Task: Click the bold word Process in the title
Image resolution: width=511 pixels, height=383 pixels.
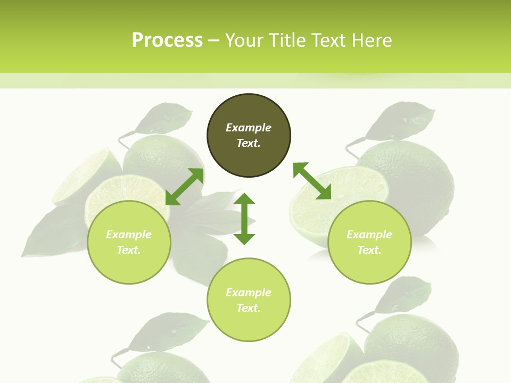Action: pyautogui.click(x=167, y=40)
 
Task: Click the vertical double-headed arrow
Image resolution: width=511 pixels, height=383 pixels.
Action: pyautogui.click(x=244, y=219)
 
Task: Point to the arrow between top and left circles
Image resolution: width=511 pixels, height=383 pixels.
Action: pyautogui.click(x=185, y=187)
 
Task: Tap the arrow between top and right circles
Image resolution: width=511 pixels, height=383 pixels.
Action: pyautogui.click(x=312, y=181)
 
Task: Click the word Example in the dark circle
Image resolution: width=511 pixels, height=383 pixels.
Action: pyautogui.click(x=249, y=128)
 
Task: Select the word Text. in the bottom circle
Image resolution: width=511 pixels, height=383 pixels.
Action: pyautogui.click(x=249, y=308)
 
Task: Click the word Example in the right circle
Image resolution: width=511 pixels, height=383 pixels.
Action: pyautogui.click(x=369, y=235)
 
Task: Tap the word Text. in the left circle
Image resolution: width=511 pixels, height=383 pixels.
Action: pyautogui.click(x=129, y=250)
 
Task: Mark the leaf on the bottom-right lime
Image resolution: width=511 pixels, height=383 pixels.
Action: pyautogui.click(x=405, y=295)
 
